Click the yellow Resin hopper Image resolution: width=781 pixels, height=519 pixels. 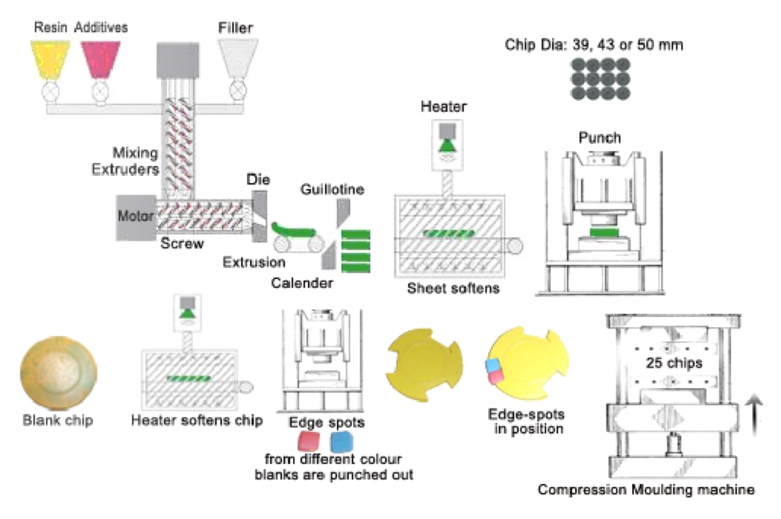51,59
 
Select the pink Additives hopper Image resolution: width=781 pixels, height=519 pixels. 100,59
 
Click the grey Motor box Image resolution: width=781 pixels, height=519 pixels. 135,217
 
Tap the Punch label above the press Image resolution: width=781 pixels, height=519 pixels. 599,138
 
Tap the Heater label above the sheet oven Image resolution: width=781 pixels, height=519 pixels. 443,107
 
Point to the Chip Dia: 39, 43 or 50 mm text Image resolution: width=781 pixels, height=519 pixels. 593,45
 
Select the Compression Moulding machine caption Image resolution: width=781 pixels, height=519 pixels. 646,489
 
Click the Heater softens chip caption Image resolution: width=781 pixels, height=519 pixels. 197,420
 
